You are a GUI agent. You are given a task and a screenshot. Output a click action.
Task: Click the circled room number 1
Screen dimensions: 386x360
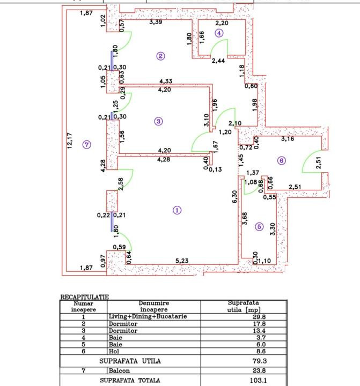click(178, 210)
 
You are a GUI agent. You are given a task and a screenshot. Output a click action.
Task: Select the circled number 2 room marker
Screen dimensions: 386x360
click(160, 55)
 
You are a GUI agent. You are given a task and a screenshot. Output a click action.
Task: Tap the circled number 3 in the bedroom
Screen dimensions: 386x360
click(158, 121)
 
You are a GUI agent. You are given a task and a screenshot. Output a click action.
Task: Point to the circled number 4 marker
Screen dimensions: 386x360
click(219, 33)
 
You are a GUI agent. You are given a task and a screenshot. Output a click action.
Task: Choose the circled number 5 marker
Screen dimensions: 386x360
click(260, 227)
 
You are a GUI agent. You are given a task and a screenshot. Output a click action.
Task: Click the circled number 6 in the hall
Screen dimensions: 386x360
click(281, 160)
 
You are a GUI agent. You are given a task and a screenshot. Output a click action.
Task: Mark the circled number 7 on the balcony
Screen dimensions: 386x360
click(87, 144)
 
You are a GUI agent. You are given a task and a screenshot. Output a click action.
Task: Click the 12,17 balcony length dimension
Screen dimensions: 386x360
click(70, 142)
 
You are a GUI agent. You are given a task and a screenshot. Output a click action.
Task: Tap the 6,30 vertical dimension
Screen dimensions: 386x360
click(234, 197)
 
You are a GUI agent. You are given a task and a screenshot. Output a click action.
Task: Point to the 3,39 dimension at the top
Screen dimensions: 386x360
click(156, 23)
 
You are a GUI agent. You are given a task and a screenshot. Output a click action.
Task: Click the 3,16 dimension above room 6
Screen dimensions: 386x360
click(288, 139)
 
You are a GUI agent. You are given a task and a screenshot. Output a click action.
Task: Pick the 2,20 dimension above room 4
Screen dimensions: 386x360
click(222, 24)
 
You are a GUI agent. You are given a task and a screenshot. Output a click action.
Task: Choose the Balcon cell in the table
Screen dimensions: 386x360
click(119, 370)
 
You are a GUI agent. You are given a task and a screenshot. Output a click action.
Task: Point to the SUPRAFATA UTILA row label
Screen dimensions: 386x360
click(129, 361)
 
